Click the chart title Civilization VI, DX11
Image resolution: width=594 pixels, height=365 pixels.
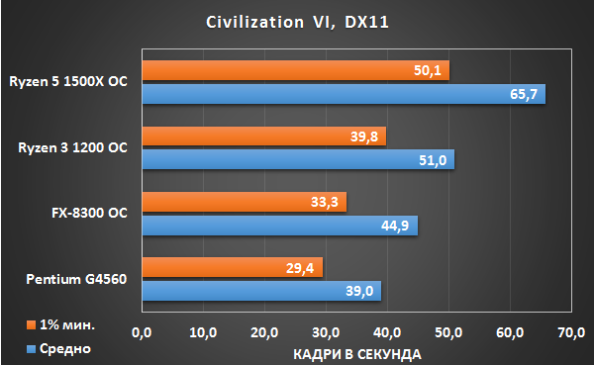(297, 23)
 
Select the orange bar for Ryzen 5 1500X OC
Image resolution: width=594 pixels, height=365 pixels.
(296, 70)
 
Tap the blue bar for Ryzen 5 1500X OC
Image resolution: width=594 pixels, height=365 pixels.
(344, 94)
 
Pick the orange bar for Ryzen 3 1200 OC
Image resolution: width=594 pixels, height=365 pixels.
(264, 136)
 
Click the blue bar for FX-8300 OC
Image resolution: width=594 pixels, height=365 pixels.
(280, 226)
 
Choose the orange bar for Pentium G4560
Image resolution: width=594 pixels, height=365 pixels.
(233, 267)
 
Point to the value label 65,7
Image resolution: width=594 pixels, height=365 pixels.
(524, 94)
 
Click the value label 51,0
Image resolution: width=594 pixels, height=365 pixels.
(433, 160)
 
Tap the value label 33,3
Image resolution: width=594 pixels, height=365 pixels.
(325, 202)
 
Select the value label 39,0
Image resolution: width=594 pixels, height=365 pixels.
(359, 291)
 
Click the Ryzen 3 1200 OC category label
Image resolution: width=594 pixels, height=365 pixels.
(72, 147)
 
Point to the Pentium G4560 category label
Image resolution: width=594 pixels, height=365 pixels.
(76, 279)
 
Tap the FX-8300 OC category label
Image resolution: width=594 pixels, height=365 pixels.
(89, 213)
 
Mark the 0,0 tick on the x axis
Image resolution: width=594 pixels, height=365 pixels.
(142, 332)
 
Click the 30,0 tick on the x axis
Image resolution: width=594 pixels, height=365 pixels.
(326, 332)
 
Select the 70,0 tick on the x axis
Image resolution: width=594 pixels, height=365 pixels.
(571, 332)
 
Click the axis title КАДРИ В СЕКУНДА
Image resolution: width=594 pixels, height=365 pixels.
(357, 354)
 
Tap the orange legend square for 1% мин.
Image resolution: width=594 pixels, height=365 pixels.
(31, 324)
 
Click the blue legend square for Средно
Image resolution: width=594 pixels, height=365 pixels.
(31, 349)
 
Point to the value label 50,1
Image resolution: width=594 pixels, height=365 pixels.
(428, 70)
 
